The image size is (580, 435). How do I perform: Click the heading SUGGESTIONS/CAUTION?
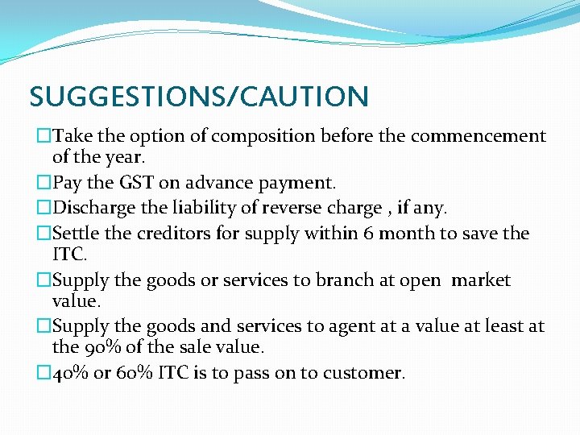(199, 97)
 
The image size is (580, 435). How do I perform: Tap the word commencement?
(478, 136)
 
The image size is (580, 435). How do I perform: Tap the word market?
(481, 280)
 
